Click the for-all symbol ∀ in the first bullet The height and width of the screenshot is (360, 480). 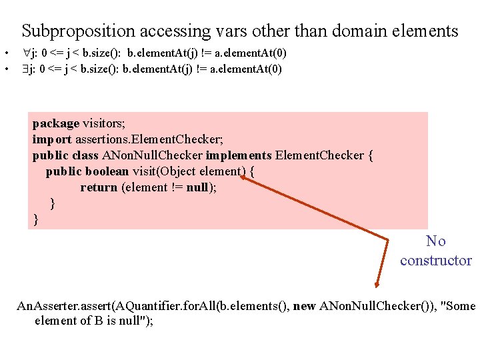pos(35,53)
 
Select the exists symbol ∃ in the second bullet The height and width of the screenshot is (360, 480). pos(35,69)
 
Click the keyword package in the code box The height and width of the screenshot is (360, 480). pos(56,123)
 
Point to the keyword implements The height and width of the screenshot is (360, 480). pos(238,155)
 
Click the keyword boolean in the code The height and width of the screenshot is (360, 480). pos(107,171)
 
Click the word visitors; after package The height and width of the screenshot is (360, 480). pos(104,123)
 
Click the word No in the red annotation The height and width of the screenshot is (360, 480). pos(436,241)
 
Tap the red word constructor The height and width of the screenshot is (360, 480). pos(436,261)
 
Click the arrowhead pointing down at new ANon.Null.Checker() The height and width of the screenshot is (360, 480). pos(377,285)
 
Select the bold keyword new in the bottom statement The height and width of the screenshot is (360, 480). pos(304,306)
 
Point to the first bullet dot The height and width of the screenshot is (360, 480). pos(5,53)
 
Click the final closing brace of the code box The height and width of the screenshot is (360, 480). pos(36,219)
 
